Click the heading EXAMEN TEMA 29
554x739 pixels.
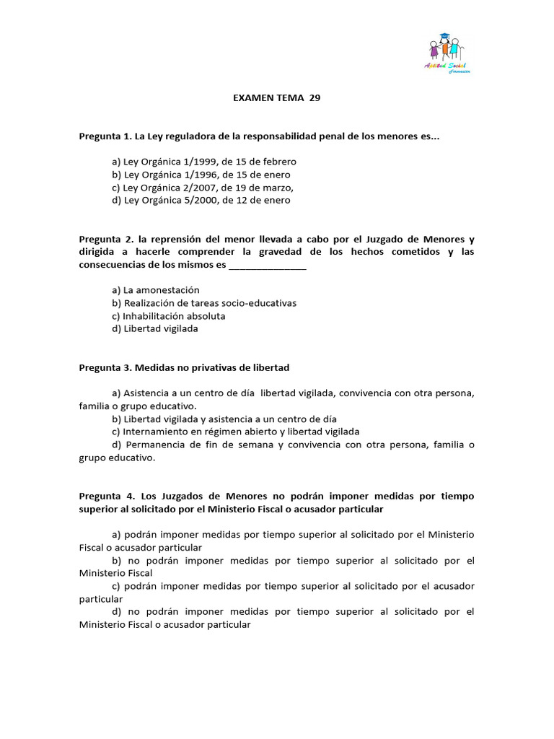click(x=276, y=99)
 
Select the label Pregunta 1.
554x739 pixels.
click(x=105, y=136)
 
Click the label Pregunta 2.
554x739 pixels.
click(x=105, y=239)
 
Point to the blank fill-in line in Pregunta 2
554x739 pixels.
click(x=267, y=265)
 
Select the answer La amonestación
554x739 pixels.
click(x=156, y=290)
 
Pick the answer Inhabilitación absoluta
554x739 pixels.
click(x=169, y=316)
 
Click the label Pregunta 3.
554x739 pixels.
click(x=105, y=368)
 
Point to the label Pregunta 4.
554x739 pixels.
click(x=105, y=497)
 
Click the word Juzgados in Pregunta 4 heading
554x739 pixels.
click(x=175, y=497)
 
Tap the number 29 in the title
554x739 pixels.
click(x=315, y=99)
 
